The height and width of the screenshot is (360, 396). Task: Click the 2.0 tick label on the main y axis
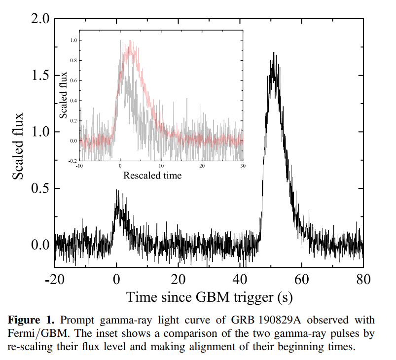pyautogui.click(x=39, y=20)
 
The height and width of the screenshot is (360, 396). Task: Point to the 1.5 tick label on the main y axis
pyautogui.click(x=39, y=76)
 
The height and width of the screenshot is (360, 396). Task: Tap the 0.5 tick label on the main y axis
pyautogui.click(x=39, y=189)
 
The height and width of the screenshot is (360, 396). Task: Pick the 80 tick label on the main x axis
pyautogui.click(x=363, y=280)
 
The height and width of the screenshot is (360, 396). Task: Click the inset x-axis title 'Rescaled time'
pyautogui.click(x=152, y=175)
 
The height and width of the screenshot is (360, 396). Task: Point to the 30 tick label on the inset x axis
pyautogui.click(x=242, y=166)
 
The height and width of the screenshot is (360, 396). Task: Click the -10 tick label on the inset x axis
pyautogui.click(x=79, y=166)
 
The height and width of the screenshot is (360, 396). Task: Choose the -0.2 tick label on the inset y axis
pyautogui.click(x=73, y=161)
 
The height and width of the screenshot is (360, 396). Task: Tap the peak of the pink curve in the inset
pyautogui.click(x=130, y=41)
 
